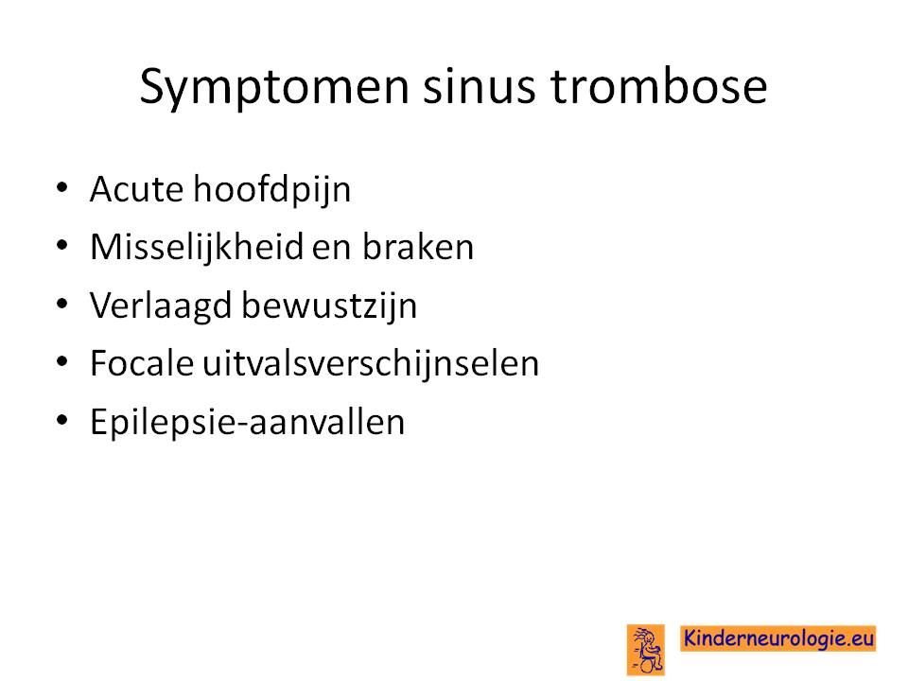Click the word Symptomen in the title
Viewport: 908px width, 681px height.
click(274, 88)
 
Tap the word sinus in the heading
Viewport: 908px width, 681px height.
click(479, 87)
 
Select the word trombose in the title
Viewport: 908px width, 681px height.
click(658, 86)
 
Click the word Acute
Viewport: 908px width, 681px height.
click(136, 189)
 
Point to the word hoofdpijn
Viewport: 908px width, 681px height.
click(272, 190)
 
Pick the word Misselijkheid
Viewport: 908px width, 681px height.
click(197, 247)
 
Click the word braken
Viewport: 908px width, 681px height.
click(418, 247)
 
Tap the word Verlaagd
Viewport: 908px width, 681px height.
click(161, 306)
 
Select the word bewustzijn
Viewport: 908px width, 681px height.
click(329, 306)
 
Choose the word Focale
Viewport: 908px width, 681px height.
click(141, 363)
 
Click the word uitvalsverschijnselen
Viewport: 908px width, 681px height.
click(371, 364)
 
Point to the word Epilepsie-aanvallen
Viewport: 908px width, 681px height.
click(247, 422)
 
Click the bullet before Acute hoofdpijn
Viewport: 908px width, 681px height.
click(62, 187)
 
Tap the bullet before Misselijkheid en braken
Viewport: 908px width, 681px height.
click(62, 246)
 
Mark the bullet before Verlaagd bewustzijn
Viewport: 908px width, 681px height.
click(62, 304)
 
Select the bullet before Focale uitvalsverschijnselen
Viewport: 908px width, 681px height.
click(62, 362)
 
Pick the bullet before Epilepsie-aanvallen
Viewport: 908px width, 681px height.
click(62, 420)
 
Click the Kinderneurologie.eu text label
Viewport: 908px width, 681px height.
click(778, 638)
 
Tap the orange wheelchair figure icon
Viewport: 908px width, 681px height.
click(646, 650)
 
